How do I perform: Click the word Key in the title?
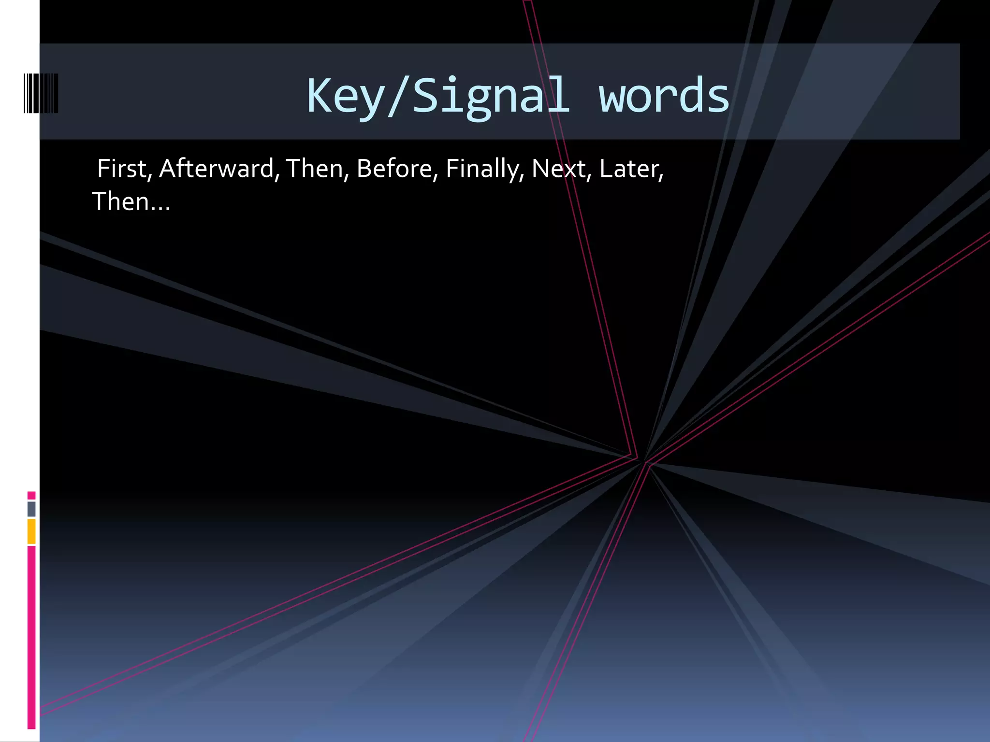click(x=344, y=97)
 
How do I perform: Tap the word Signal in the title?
click(x=491, y=97)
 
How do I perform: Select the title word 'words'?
click(x=664, y=97)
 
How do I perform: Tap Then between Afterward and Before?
click(x=315, y=169)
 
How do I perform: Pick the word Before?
click(x=394, y=169)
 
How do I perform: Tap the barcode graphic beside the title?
click(x=41, y=93)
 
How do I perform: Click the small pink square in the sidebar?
click(x=31, y=495)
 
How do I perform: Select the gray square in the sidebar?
click(x=31, y=509)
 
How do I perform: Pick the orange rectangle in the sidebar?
click(x=31, y=531)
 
